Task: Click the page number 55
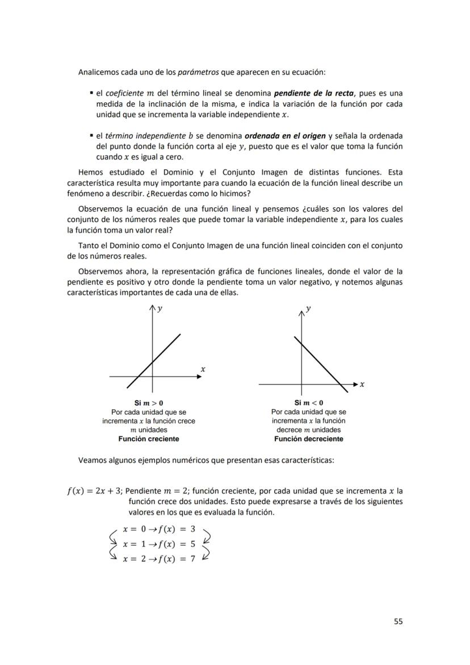pyautogui.click(x=398, y=621)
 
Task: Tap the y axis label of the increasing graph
pyautogui.click(x=160, y=309)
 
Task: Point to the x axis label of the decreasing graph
pyautogui.click(x=362, y=384)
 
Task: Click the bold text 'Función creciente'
pyautogui.click(x=149, y=439)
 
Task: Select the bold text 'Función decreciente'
pyautogui.click(x=308, y=439)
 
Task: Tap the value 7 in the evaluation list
pyautogui.click(x=192, y=559)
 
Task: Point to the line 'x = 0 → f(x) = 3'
pyautogui.click(x=159, y=529)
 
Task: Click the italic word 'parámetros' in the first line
pyautogui.click(x=195, y=73)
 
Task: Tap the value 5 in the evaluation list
pyautogui.click(x=192, y=544)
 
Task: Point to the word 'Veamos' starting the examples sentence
pyautogui.click(x=92, y=461)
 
